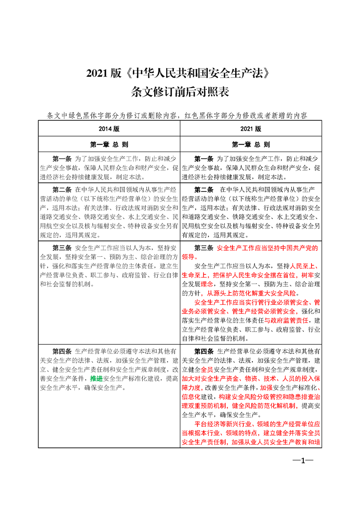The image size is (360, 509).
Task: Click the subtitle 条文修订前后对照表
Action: (180, 92)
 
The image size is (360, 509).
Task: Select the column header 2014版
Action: (109, 129)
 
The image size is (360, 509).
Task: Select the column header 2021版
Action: (251, 129)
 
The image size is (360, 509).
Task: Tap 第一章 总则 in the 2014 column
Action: (109, 145)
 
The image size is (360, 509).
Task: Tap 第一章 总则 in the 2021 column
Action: (251, 145)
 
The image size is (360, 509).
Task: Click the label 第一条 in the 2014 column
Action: (63, 159)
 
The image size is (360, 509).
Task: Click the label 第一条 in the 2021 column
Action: (204, 159)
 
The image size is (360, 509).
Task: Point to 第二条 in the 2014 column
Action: (63, 189)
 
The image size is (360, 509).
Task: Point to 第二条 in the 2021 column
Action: (204, 189)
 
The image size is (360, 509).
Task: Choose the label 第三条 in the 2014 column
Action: (63, 248)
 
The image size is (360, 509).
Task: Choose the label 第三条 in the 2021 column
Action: (204, 248)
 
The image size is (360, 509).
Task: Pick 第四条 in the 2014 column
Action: (63, 351)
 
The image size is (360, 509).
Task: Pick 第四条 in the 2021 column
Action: (204, 351)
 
